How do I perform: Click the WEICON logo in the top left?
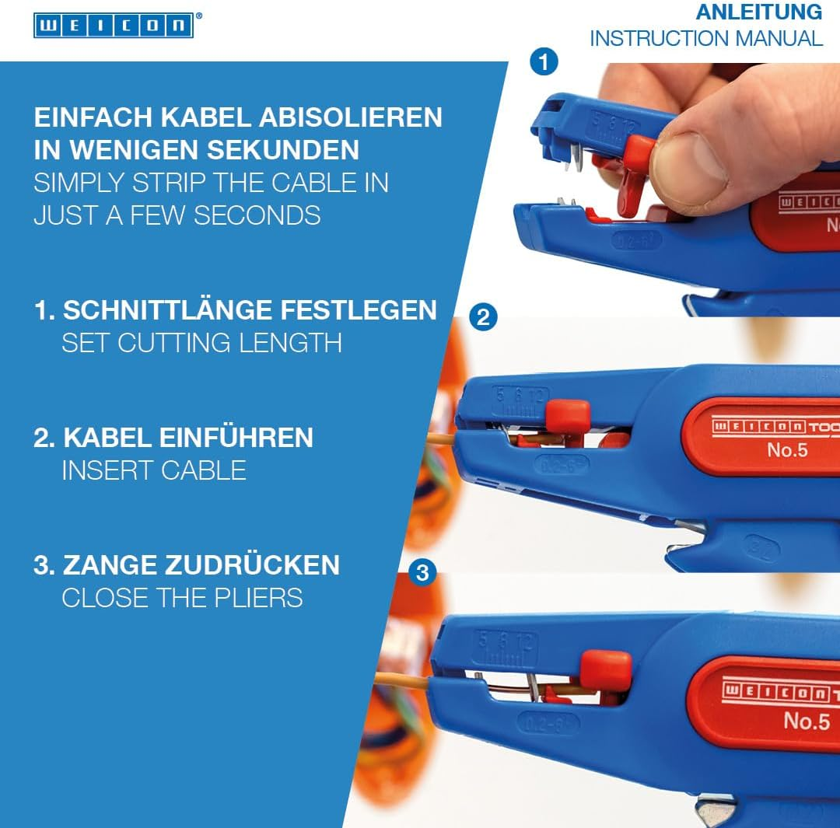[x=113, y=25]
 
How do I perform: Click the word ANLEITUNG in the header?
[x=758, y=12]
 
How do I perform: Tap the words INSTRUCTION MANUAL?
[x=705, y=38]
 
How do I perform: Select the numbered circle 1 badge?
[x=544, y=61]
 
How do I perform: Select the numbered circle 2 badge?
[x=482, y=317]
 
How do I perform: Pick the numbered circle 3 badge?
[x=422, y=574]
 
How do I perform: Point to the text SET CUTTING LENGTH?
[x=201, y=343]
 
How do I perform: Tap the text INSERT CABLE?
[x=154, y=470]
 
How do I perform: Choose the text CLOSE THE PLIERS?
[x=182, y=598]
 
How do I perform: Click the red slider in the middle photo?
[x=567, y=417]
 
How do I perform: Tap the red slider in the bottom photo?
[x=606, y=671]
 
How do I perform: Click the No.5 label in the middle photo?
[x=787, y=449]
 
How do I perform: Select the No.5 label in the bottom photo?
[x=807, y=721]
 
